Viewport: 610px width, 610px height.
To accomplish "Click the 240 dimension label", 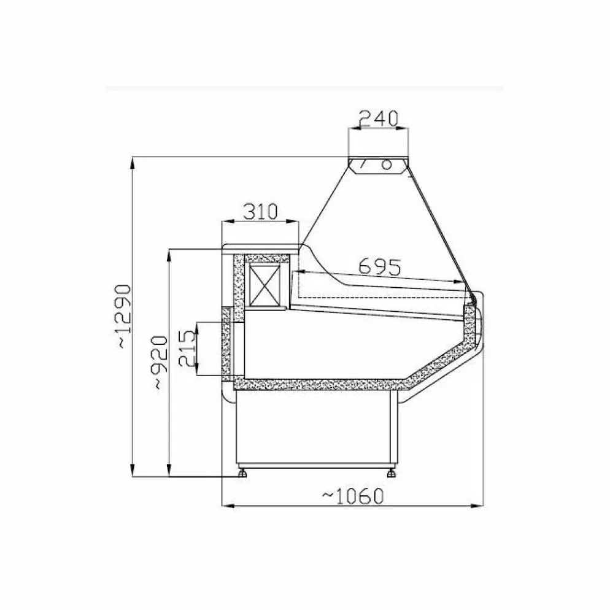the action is point(379,118).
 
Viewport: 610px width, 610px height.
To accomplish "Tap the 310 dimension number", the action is point(260,212).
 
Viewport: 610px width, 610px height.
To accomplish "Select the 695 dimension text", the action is point(379,267).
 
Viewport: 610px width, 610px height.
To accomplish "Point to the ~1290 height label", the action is point(125,316).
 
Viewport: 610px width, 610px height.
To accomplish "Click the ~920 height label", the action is point(160,363).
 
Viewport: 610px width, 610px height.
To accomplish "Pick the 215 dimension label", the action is point(187,348).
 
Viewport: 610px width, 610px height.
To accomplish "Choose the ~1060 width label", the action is point(352,496).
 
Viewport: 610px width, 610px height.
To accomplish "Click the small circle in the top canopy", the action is point(386,164).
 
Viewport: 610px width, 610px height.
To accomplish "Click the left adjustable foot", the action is point(242,473).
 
